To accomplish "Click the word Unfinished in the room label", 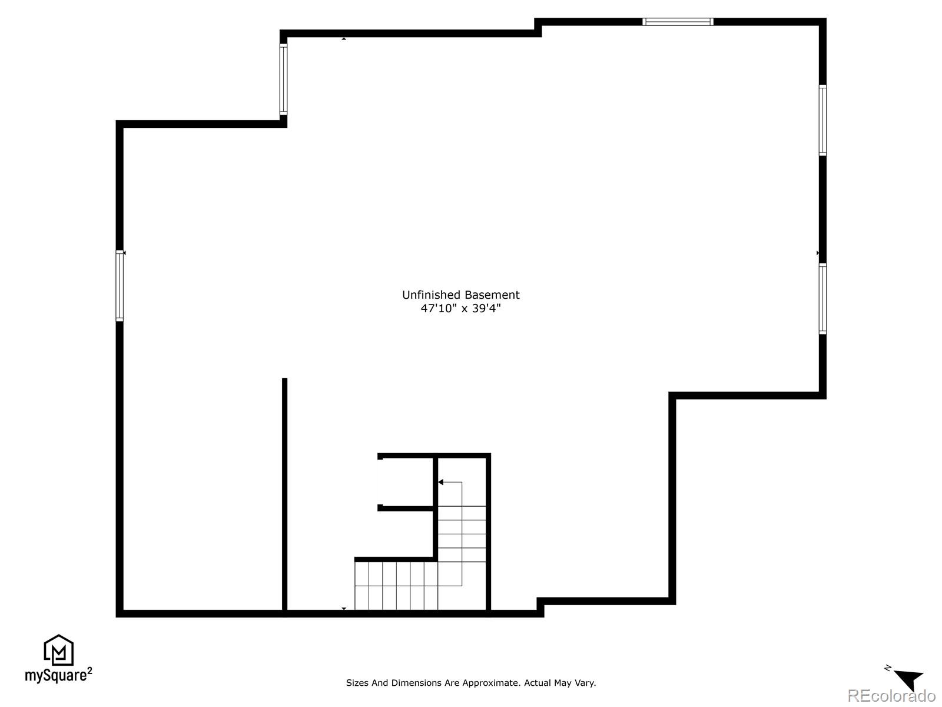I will click(x=431, y=295).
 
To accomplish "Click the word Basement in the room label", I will click(x=492, y=295).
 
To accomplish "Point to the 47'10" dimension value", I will click(x=438, y=308).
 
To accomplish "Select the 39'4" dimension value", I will click(x=486, y=308).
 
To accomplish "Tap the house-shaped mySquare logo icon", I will click(x=58, y=650).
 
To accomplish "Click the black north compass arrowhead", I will click(x=910, y=679).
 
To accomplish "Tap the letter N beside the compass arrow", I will click(x=888, y=668).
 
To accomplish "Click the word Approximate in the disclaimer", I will click(x=492, y=683).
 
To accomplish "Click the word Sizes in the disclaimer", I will click(x=357, y=683).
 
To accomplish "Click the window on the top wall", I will click(x=678, y=22).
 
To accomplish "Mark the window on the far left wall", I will click(x=120, y=286).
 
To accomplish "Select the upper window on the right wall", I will click(x=822, y=120).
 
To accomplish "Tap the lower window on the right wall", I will click(x=822, y=299).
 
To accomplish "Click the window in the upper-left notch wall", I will click(x=283, y=79).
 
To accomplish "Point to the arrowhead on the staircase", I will click(x=440, y=482).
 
